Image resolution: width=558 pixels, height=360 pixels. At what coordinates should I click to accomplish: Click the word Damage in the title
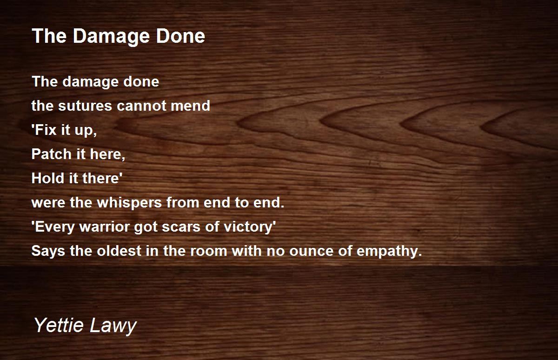tap(111, 37)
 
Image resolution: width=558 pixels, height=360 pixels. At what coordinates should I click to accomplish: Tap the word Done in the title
tap(180, 36)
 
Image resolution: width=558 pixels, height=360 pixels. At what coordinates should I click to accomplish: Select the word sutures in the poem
tap(85, 106)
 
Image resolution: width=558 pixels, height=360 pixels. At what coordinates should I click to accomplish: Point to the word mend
tap(190, 106)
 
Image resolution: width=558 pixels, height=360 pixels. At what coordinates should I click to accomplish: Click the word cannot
tap(141, 106)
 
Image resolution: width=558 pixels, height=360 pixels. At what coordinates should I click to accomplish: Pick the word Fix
tap(44, 130)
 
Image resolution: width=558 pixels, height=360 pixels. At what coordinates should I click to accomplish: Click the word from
tap(183, 202)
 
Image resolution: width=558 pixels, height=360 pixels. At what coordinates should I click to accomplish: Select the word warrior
tap(104, 227)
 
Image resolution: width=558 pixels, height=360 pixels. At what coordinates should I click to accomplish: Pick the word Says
tap(48, 251)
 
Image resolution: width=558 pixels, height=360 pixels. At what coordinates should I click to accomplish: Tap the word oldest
tap(119, 251)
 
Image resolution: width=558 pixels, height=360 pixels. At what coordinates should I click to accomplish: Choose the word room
tap(209, 251)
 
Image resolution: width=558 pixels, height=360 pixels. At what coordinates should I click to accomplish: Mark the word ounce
tap(311, 251)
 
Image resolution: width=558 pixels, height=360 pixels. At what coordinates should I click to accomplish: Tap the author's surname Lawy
tap(113, 326)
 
